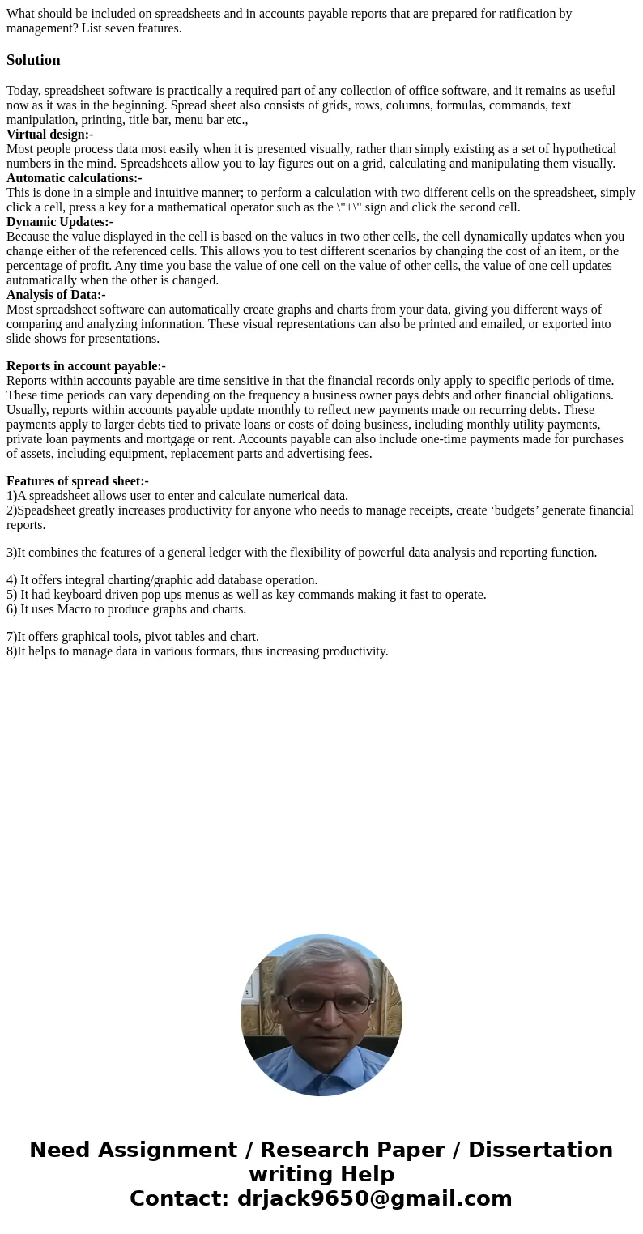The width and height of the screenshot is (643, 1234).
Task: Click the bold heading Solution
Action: pos(33,60)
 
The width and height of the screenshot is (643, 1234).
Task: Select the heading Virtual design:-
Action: pos(49,135)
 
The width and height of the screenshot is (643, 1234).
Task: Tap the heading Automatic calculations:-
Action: pos(74,178)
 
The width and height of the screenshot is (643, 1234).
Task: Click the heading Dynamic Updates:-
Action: pos(59,222)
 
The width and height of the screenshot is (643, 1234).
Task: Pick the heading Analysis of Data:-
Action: pos(56,295)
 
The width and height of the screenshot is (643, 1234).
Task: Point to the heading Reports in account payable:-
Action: pos(86,366)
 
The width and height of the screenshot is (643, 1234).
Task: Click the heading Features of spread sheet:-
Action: pos(77,481)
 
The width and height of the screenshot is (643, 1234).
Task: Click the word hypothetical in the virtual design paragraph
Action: pos(577,149)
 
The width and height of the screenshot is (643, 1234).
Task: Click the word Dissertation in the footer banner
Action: pos(540,1150)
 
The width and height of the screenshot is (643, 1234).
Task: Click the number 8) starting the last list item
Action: pos(11,651)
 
